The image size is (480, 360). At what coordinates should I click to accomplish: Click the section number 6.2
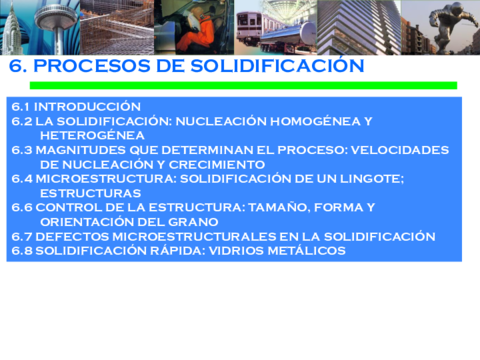22,121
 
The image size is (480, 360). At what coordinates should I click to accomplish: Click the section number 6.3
22,150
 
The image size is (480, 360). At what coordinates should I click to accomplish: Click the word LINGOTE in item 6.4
369,179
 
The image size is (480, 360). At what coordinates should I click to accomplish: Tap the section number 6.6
22,208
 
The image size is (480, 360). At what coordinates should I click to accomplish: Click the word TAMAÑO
293,208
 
